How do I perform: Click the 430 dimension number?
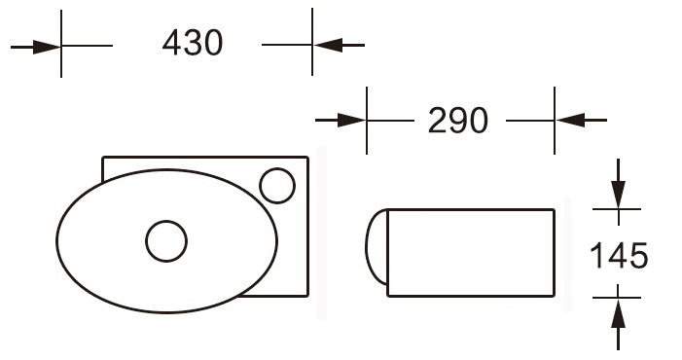click(x=193, y=43)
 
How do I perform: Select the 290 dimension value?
click(x=458, y=120)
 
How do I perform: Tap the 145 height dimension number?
click(x=619, y=255)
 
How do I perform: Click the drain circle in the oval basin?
click(x=166, y=241)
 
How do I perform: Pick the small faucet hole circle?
click(x=277, y=186)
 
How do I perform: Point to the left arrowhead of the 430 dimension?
click(x=47, y=47)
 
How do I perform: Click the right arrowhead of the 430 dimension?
click(x=327, y=45)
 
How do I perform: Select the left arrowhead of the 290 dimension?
click(x=352, y=120)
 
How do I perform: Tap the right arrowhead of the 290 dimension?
click(x=570, y=120)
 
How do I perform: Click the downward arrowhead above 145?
click(x=618, y=195)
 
